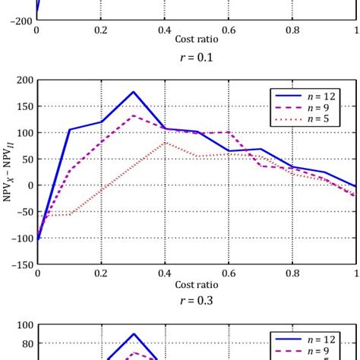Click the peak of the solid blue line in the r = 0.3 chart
click(x=134, y=92)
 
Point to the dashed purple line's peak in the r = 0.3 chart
click(x=134, y=115)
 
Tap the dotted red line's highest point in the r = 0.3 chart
click(x=166, y=142)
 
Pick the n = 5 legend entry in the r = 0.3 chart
click(x=312, y=119)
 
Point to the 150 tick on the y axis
click(x=24, y=106)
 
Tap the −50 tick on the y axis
click(x=24, y=212)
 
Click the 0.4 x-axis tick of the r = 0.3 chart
click(x=166, y=273)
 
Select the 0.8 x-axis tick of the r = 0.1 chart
click(x=292, y=30)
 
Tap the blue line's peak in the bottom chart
click(x=134, y=334)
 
